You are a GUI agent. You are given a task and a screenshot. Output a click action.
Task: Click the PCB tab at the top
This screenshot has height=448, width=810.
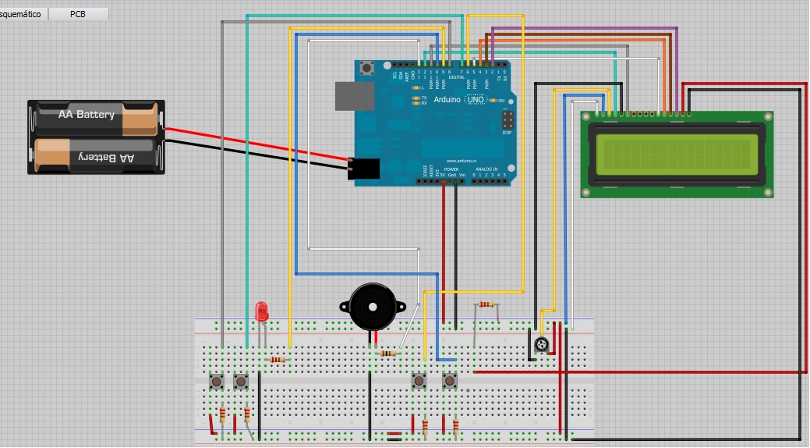(77, 14)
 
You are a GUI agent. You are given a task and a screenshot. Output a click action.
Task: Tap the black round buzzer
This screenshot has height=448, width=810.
(377, 308)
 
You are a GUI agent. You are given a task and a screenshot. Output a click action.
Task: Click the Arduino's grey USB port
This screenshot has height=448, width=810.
(348, 95)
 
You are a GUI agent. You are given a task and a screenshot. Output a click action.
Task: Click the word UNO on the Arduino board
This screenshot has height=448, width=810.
(476, 100)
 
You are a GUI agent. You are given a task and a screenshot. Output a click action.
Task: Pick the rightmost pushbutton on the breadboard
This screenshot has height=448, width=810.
(450, 382)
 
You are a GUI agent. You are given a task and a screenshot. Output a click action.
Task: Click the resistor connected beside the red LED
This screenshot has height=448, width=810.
(277, 360)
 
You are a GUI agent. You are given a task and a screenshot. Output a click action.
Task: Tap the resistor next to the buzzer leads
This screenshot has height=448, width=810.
(387, 354)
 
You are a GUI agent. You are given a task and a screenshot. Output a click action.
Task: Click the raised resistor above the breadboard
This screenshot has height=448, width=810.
(486, 304)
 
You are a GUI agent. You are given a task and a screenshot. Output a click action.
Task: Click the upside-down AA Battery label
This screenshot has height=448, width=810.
(105, 158)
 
